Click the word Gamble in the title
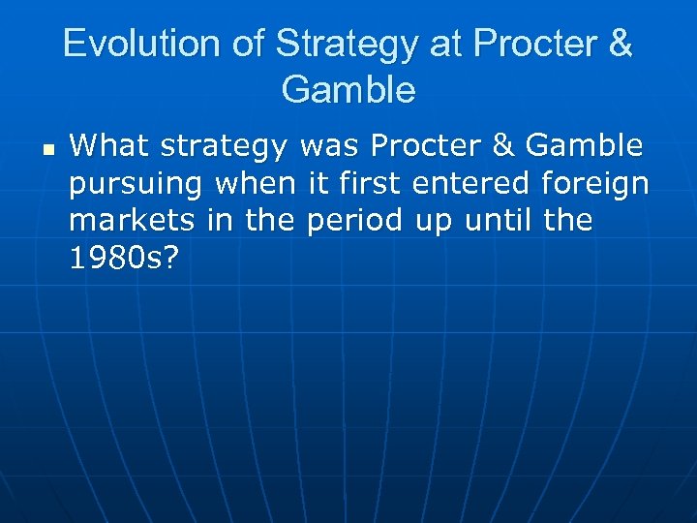(348, 90)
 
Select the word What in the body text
(108, 146)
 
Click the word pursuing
(136, 185)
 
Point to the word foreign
(595, 185)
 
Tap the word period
(352, 222)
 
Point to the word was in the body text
(329, 146)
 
